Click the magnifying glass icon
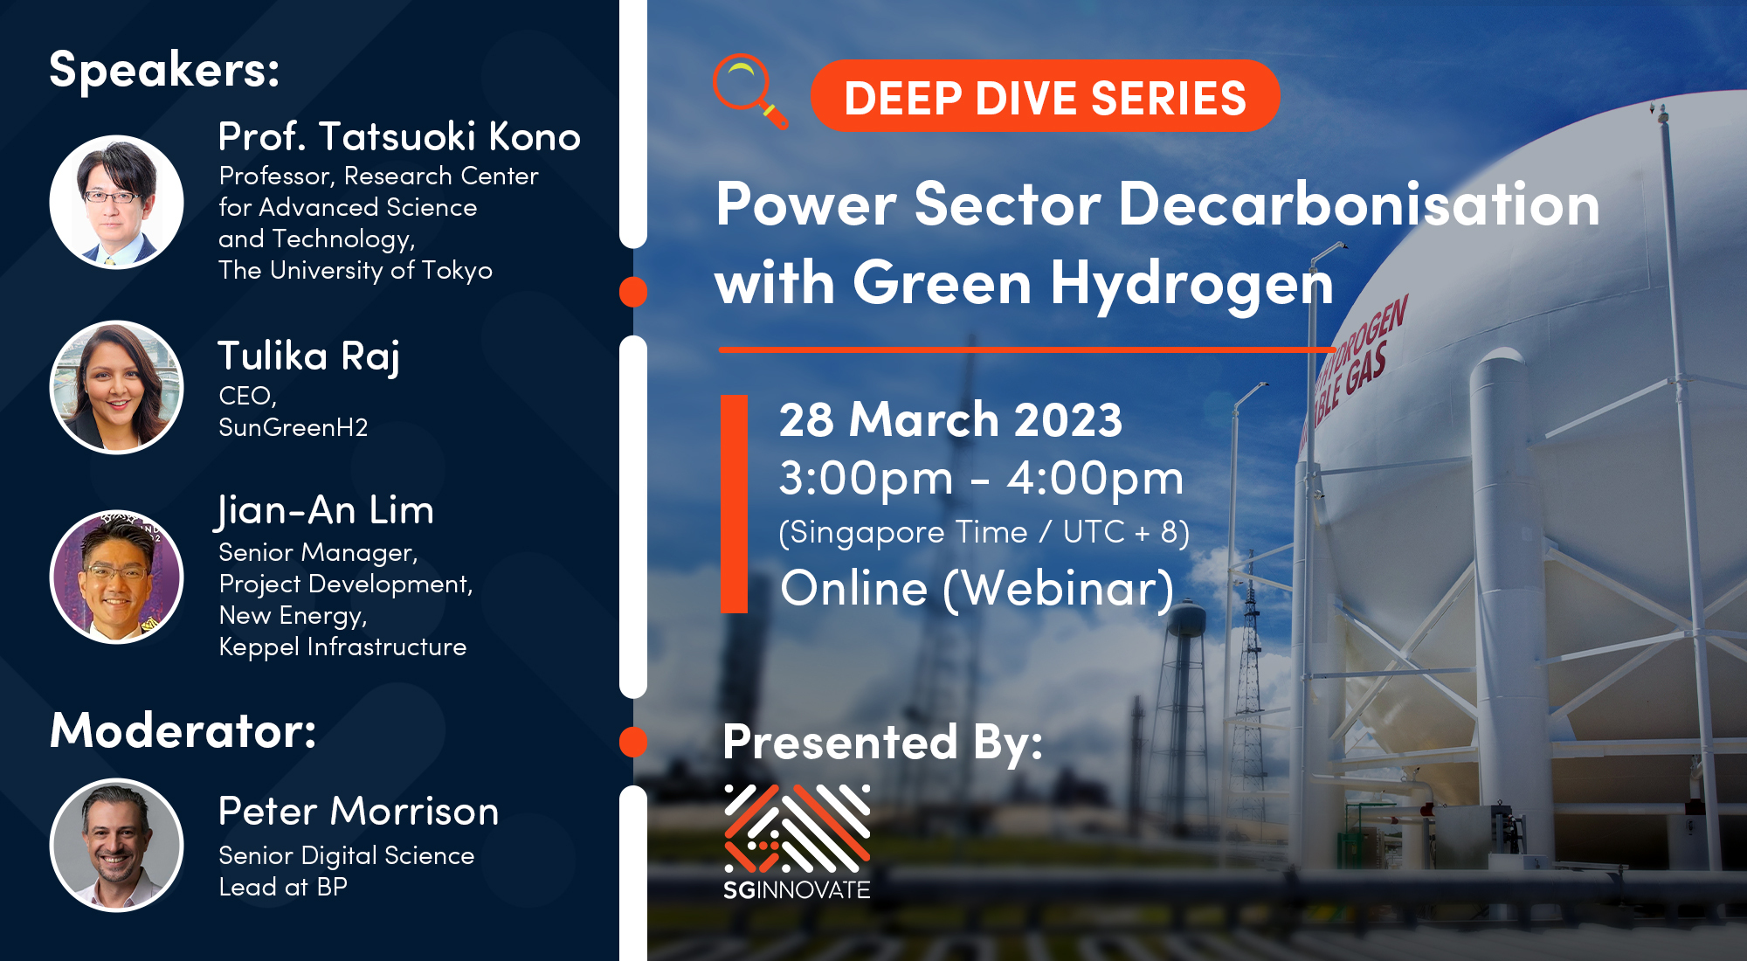[x=748, y=90]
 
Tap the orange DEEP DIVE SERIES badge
[x=1045, y=96]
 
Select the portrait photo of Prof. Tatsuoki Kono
[x=116, y=202]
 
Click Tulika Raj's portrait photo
[x=116, y=387]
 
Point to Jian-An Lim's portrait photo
[x=116, y=577]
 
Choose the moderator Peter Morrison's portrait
[x=116, y=845]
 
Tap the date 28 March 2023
[x=950, y=419]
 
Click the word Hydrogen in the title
[x=1191, y=285]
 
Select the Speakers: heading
[x=164, y=70]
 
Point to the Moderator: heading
[x=183, y=730]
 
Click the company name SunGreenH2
[x=293, y=427]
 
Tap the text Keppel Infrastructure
[x=342, y=647]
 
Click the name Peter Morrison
[x=358, y=812]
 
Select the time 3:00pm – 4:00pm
[x=981, y=479]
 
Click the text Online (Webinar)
[x=977, y=589]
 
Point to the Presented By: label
[x=882, y=743]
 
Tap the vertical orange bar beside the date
[x=734, y=504]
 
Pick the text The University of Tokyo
[x=356, y=271]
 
